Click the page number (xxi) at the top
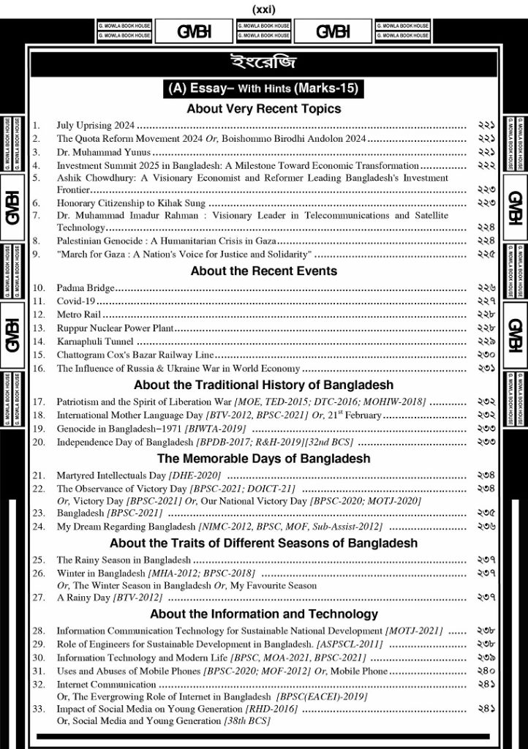[263, 10]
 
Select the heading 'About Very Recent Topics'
[263, 109]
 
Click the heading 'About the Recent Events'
[263, 271]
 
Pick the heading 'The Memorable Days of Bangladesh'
[263, 459]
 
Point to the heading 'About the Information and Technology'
[263, 614]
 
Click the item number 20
[39, 443]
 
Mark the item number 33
[39, 709]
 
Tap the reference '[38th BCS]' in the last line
[246, 721]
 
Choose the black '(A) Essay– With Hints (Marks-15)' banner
[263, 89]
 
